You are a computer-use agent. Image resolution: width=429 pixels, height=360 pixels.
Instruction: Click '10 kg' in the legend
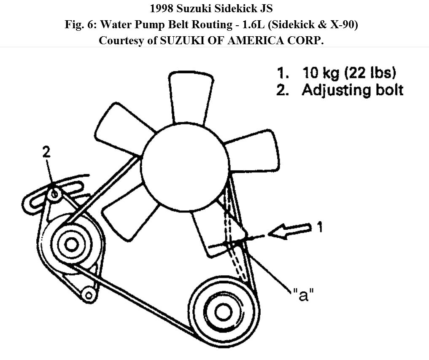click(x=321, y=73)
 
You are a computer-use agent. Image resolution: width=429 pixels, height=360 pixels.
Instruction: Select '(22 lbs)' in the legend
click(x=371, y=73)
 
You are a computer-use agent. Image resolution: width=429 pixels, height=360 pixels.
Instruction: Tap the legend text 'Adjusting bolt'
click(x=353, y=90)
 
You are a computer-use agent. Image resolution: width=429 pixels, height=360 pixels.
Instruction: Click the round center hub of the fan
click(x=186, y=162)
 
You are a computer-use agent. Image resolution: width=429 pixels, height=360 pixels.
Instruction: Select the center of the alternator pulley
click(x=71, y=244)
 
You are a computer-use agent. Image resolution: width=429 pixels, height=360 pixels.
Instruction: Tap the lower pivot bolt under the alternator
click(x=88, y=294)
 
